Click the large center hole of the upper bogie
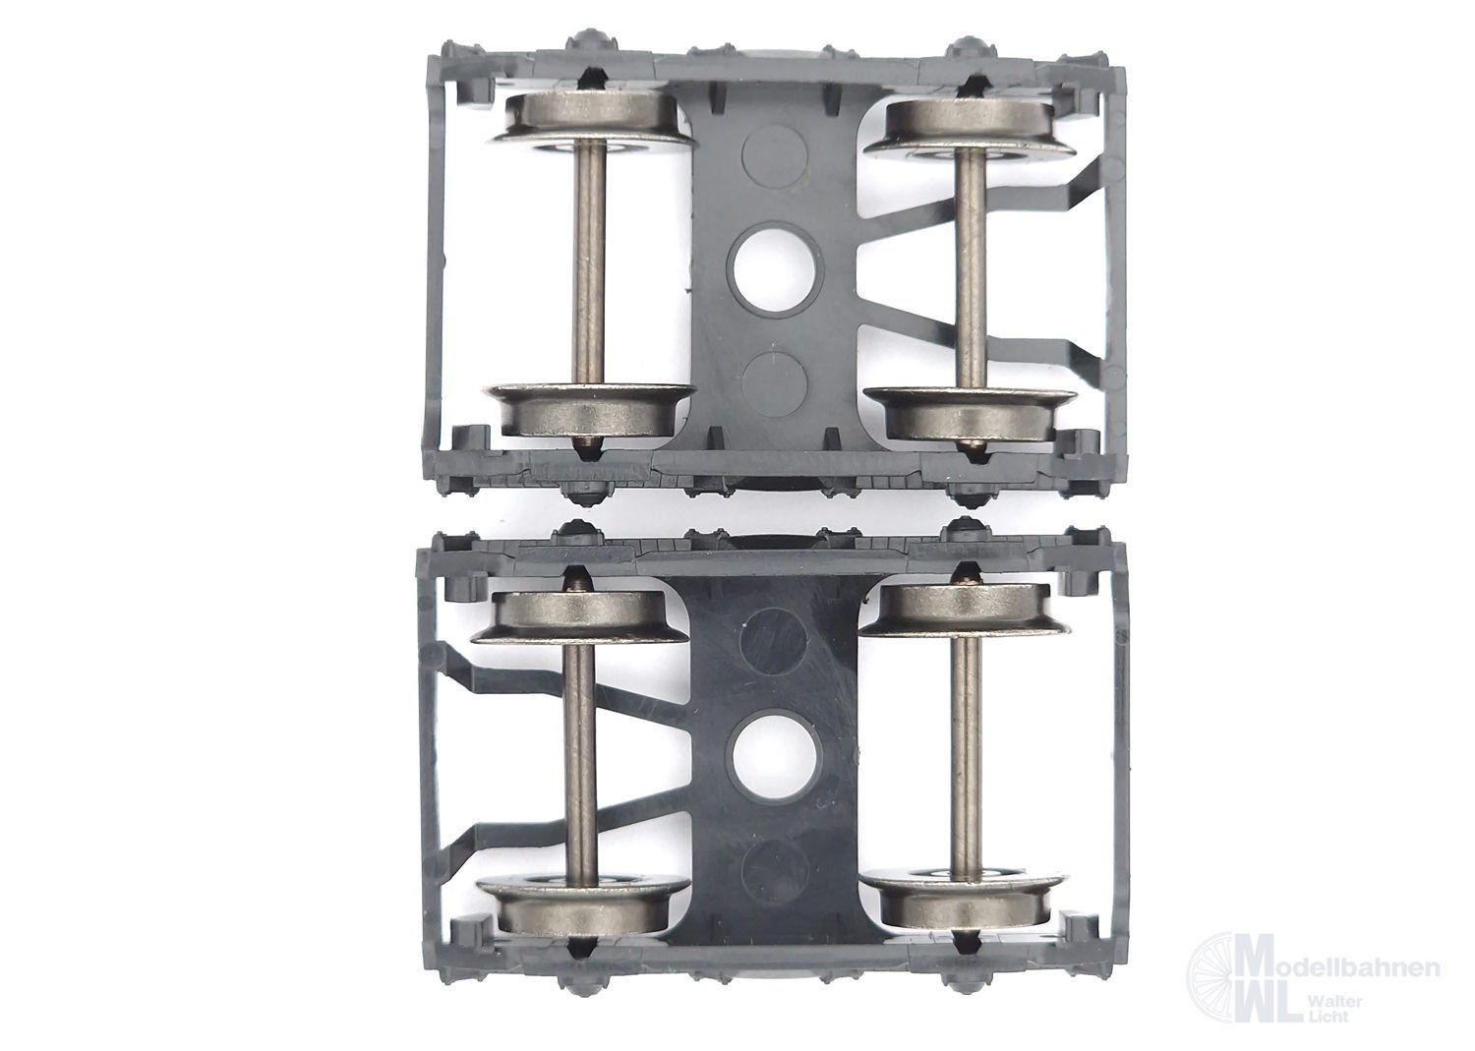point(778,273)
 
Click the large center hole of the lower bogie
point(772,754)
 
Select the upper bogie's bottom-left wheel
point(589,410)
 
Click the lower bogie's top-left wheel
point(579,615)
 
